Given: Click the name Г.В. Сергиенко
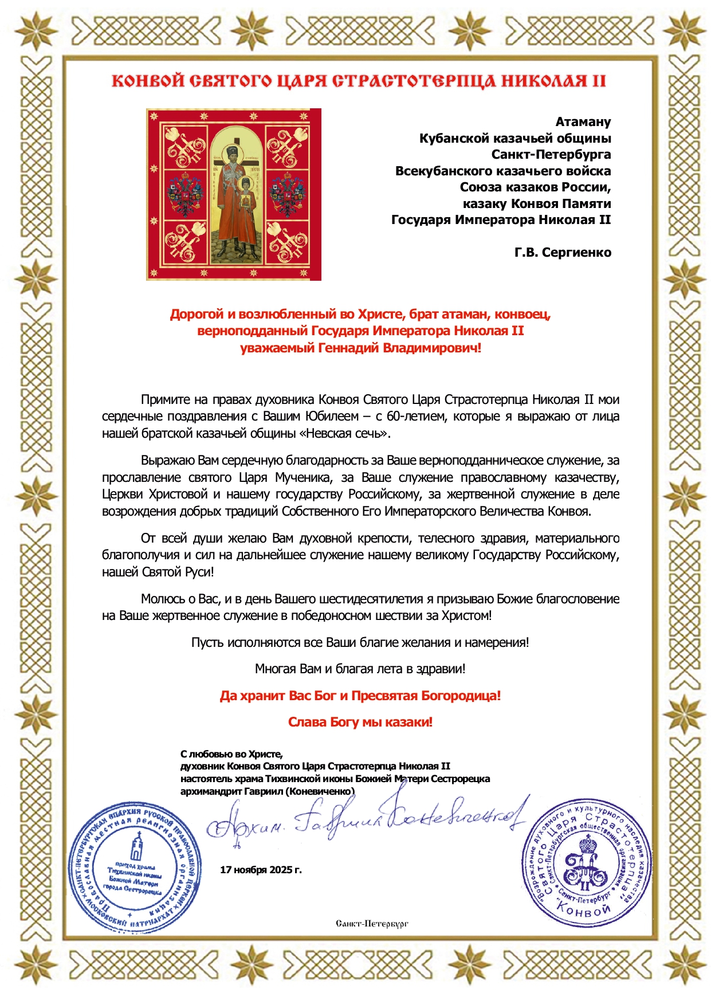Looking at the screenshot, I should tap(562, 253).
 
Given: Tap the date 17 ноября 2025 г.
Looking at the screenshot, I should tap(261, 870).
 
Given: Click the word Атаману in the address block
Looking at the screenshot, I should tap(583, 122).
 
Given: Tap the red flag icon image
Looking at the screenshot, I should tap(234, 194).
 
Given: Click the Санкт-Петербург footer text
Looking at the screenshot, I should tap(372, 923).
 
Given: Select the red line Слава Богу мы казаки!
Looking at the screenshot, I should tap(360, 722).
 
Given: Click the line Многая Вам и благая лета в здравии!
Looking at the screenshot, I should tap(360, 669).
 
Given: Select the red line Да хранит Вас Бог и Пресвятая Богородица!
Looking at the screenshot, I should tap(360, 696).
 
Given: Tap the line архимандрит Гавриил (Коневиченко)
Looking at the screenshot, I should tap(267, 791).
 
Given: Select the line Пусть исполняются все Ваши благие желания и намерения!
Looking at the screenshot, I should tap(360, 642).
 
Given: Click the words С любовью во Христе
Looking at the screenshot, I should tap(231, 754).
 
